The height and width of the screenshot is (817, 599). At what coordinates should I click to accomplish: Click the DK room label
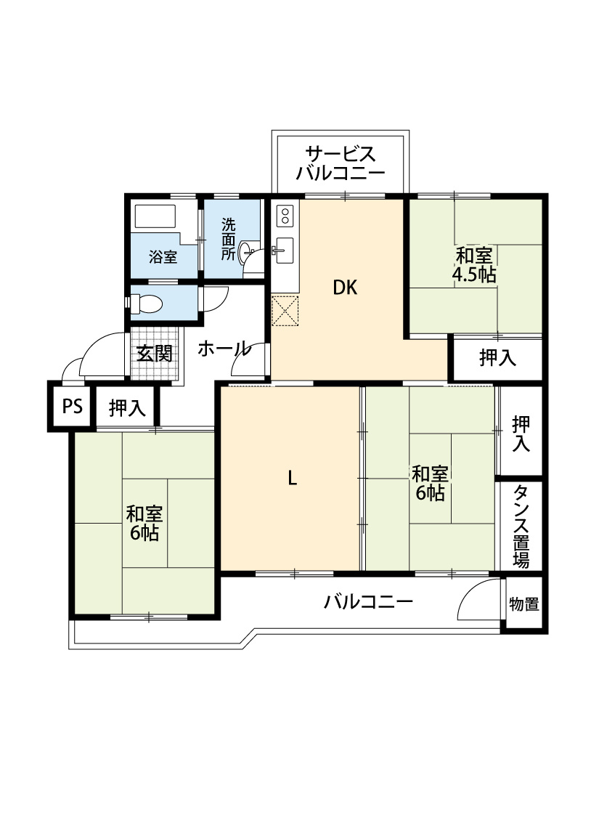coord(345,288)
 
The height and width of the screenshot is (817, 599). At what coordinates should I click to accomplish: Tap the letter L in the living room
coord(293,478)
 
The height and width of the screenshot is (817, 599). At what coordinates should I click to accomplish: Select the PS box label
coord(73,406)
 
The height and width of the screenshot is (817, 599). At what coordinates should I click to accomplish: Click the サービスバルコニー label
coord(340,163)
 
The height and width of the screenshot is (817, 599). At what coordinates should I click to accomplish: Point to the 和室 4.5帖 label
coord(474,264)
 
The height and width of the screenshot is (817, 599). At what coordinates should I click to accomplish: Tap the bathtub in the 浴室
coord(155,216)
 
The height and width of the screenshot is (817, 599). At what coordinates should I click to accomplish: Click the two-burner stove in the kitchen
coord(285,215)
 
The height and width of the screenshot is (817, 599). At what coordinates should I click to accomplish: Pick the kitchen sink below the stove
coord(285,251)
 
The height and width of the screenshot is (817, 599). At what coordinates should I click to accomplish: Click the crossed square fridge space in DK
coord(285,311)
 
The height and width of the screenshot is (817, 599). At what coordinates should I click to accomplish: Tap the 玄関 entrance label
coord(155,354)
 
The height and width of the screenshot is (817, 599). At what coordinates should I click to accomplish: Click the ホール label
coord(224,349)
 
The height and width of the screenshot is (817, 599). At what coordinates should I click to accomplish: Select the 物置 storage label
coord(524,604)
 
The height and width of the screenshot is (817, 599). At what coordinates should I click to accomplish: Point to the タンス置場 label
coord(521,527)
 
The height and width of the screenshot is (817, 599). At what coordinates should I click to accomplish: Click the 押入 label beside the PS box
coord(127,407)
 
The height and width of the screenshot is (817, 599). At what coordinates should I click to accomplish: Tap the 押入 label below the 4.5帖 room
coord(497,357)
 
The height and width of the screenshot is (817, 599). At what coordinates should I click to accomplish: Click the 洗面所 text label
coord(229,239)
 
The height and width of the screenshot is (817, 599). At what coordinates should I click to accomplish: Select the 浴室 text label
coord(163,257)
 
